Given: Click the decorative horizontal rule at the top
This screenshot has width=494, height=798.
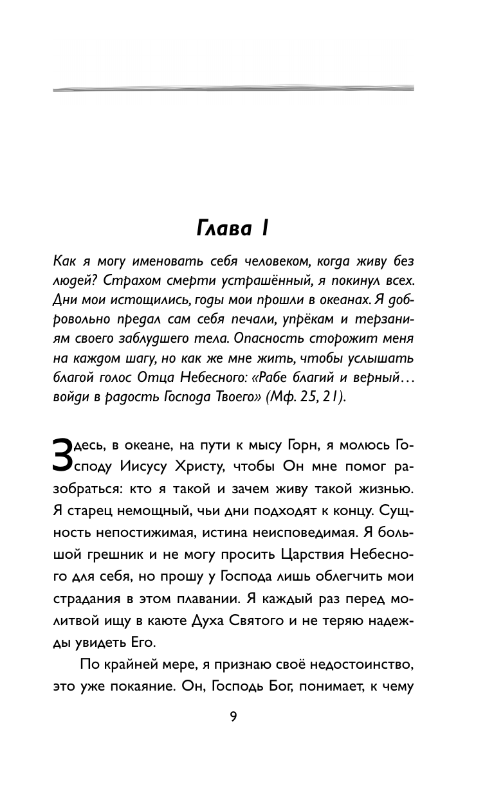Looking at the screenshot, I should tap(233, 87).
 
